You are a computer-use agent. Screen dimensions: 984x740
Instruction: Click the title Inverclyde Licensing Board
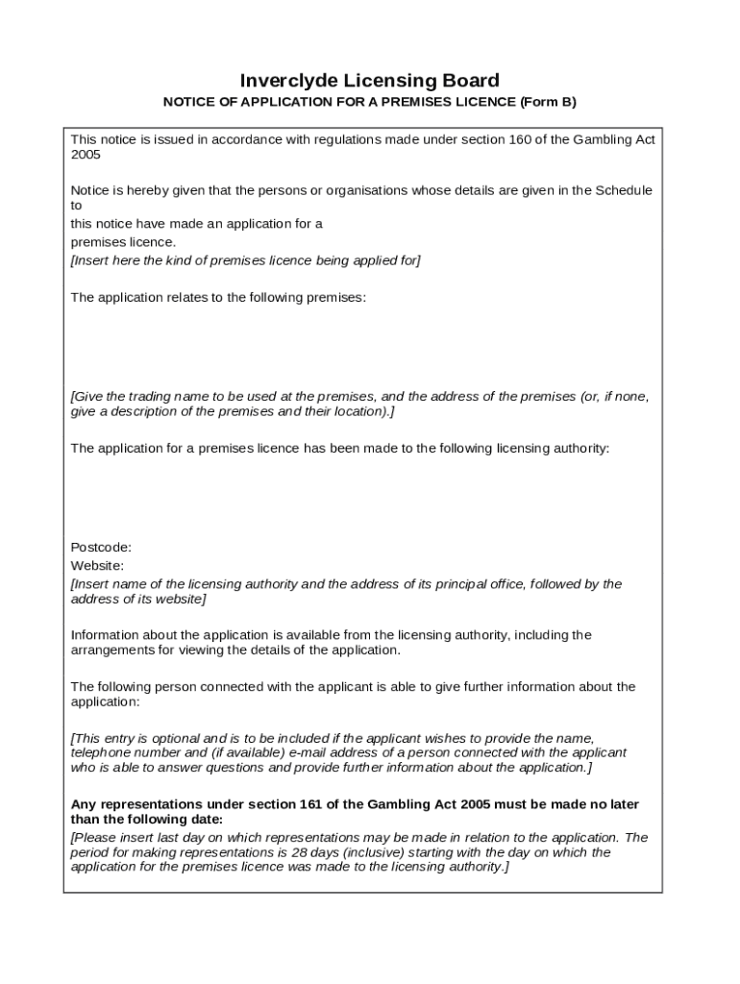369,80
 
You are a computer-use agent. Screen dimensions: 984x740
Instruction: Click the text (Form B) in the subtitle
548,102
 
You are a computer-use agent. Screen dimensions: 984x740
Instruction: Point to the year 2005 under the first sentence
86,154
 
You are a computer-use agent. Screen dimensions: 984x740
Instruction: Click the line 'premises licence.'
124,242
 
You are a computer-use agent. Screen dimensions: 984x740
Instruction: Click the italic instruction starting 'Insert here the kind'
246,260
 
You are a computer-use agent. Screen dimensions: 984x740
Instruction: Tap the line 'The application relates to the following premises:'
218,297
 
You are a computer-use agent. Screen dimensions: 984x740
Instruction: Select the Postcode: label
101,547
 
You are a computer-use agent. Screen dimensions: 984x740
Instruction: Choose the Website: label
97,565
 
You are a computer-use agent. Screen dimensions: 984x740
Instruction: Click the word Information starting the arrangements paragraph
106,635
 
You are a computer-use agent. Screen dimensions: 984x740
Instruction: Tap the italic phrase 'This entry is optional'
140,738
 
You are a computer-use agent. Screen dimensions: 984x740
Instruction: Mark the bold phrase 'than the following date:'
147,819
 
